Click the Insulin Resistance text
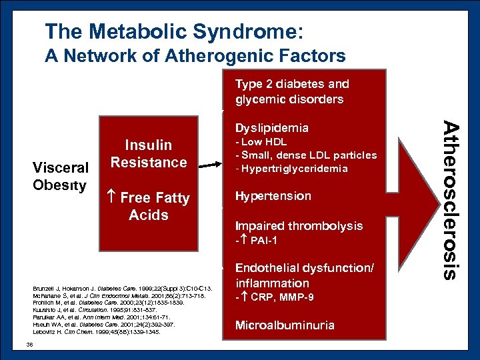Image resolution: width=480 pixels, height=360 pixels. coord(149,154)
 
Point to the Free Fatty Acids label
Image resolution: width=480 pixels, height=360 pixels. coord(149,207)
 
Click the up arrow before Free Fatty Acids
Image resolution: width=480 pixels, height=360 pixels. coord(111,198)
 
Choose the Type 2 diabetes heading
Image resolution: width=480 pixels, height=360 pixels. coord(291,91)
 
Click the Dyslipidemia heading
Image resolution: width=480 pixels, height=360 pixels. coord(271,127)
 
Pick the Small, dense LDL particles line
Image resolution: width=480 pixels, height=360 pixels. coord(306,155)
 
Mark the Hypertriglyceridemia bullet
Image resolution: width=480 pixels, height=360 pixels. coord(291,169)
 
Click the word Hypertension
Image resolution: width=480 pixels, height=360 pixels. coord(273,196)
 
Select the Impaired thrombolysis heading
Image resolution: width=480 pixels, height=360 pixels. coord(299,226)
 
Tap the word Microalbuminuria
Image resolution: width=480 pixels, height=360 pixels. coord(285,325)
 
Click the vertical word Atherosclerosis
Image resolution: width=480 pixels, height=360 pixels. coord(452,199)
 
